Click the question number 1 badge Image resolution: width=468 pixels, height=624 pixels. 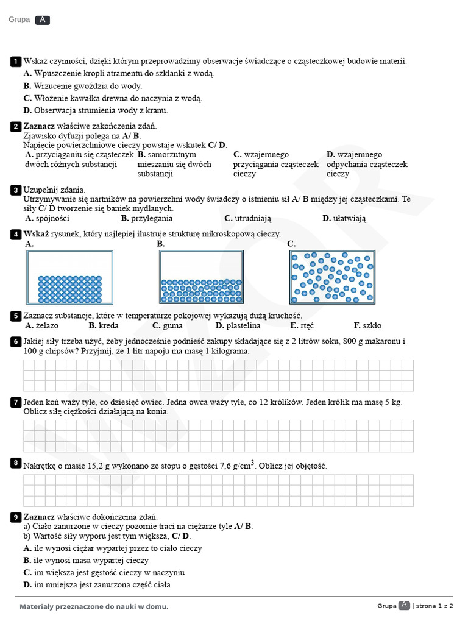pos(16,62)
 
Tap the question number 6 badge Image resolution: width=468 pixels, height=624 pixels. pos(16,342)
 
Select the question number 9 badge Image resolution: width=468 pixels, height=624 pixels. pos(16,517)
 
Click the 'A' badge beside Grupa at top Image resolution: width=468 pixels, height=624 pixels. pos(43,20)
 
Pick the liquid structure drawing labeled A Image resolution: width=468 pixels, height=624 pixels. pos(69,277)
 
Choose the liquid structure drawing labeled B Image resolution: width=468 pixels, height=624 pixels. pos(202,277)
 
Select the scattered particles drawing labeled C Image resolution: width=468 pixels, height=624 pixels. pos(332,277)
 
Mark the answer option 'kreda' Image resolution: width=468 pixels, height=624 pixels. pos(108,325)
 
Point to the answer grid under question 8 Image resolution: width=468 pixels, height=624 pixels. pos(218,490)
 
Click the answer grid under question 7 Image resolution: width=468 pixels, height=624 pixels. pos(218,436)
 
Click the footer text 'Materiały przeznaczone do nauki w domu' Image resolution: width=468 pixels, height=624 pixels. pos(94,606)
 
